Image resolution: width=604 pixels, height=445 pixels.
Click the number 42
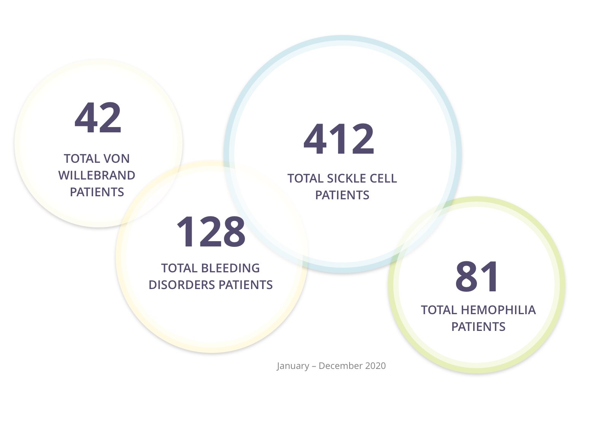pos(98,118)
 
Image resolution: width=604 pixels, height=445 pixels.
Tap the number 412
pos(339,140)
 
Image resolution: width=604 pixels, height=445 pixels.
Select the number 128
pos(211,232)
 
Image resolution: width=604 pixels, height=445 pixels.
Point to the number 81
pos(477,277)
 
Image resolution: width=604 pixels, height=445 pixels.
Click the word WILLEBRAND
pos(97,175)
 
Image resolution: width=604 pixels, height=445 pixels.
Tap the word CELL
pos(383,178)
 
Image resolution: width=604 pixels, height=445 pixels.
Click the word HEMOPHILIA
pos(498,310)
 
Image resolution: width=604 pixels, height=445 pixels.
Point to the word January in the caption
pos(293,366)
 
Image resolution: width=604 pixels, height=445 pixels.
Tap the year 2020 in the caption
pos(375,366)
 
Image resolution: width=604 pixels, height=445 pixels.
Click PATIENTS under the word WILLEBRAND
pos(97,192)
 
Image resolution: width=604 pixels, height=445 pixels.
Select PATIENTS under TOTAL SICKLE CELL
pos(342,195)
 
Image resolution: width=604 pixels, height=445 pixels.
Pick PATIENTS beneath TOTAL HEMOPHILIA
pos(478,327)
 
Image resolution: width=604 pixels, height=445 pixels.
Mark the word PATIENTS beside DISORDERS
pos(246,285)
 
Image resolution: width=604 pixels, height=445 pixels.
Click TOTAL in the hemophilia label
pos(439,310)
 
